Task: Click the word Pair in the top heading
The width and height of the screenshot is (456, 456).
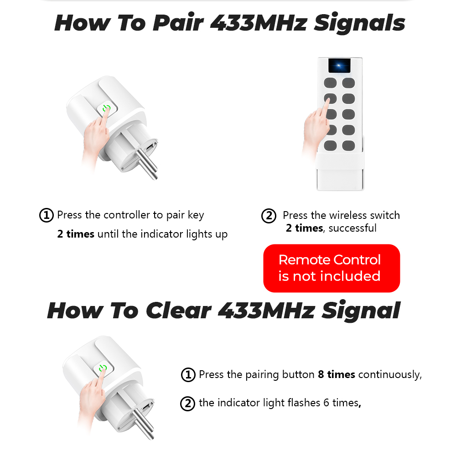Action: tap(178, 23)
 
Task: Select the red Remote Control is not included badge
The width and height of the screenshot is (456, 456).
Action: tap(332, 268)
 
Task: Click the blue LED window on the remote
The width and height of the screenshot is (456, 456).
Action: tap(339, 66)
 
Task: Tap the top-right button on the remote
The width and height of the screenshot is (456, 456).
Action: tap(348, 83)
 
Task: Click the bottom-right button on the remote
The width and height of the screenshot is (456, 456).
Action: tap(348, 145)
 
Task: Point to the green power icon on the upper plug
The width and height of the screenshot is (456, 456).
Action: tap(106, 109)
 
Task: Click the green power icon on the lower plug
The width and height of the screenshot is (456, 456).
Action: tap(103, 368)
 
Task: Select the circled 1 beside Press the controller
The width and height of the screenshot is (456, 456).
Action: tap(46, 215)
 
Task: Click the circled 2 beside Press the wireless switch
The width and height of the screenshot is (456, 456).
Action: tap(269, 216)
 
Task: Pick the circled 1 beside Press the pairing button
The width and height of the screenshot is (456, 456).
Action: tap(188, 374)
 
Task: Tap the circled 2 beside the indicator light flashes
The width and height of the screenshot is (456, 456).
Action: tap(187, 404)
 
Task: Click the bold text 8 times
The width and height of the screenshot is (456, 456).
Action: tap(337, 374)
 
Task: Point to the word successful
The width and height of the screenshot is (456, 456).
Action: tap(352, 228)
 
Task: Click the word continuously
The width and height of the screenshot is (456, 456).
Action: tap(390, 375)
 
